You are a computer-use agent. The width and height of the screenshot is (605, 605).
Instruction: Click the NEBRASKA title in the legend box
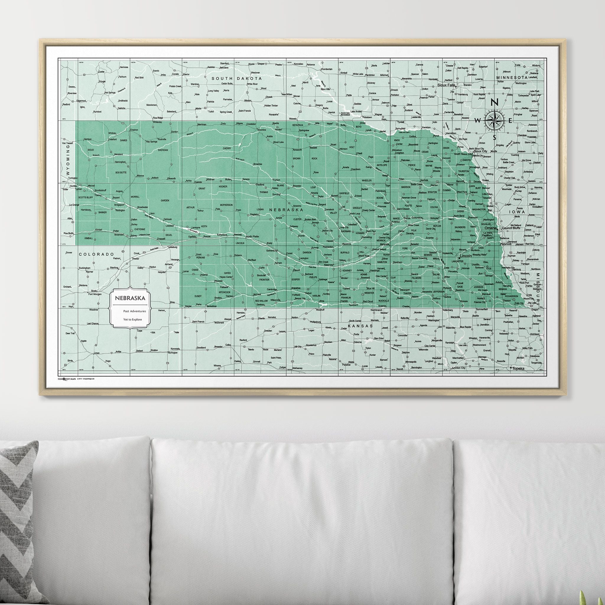130,298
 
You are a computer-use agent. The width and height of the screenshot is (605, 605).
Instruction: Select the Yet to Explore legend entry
132,319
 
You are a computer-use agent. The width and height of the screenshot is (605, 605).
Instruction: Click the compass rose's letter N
495,102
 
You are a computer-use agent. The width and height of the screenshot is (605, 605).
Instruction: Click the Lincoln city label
466,256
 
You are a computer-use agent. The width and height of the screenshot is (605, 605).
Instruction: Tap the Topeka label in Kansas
518,369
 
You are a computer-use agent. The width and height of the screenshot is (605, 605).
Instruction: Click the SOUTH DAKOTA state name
236,78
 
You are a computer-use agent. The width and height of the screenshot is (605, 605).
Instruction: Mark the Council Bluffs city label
511,228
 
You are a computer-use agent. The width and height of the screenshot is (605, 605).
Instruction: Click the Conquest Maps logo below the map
67,379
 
